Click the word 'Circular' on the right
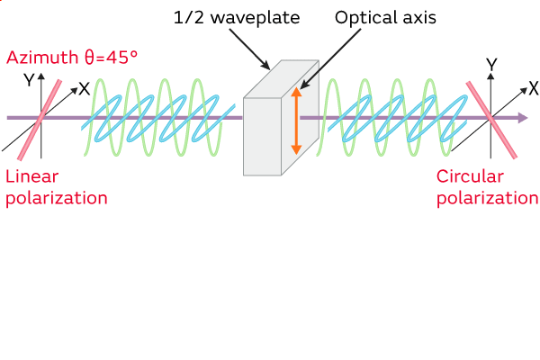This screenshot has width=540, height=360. (471, 176)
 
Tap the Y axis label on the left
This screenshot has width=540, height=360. (29, 80)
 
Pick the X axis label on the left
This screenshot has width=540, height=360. (84, 88)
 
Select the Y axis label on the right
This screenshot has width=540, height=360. (491, 64)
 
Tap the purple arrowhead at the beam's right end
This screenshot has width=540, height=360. (522, 118)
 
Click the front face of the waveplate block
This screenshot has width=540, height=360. (263, 135)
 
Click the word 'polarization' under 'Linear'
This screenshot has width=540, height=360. (57, 198)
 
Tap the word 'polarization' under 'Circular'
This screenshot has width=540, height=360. (486, 198)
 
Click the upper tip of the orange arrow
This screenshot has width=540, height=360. (295, 92)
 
